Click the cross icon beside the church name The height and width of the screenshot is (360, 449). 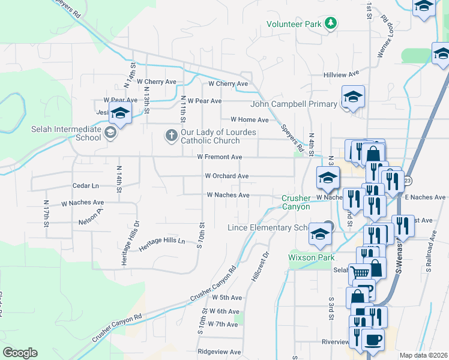coord(171,136)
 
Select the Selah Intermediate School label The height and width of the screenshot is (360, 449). coord(67,134)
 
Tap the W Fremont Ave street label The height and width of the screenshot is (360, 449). coord(219,157)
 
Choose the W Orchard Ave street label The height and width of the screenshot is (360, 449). coord(226,176)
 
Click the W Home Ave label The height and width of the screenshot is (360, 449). coord(249,120)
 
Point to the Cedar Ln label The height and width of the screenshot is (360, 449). coord(85,186)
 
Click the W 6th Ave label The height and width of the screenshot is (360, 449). coord(225,311)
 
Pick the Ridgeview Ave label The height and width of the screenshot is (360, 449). coord(219,352)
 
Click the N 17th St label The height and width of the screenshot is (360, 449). coord(46,214)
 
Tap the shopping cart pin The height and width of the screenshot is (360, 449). coord(360,272)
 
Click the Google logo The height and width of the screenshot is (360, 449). coord(20,353)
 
